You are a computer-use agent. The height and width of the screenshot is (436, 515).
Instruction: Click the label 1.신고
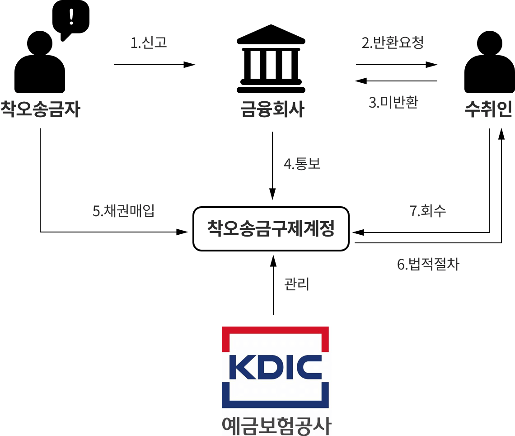[149, 43]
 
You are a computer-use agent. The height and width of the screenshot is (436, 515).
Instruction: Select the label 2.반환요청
[393, 43]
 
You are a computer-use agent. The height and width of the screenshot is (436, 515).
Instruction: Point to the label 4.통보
[302, 164]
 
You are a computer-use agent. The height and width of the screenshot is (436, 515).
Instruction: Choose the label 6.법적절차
[428, 264]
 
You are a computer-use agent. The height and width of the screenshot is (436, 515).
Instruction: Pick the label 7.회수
[428, 211]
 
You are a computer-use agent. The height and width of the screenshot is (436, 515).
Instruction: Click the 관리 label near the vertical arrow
[297, 284]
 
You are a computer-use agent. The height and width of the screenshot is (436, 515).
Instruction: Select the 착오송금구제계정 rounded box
[271, 229]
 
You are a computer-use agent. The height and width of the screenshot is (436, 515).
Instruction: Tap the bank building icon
[271, 59]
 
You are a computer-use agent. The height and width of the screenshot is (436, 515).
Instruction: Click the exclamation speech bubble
[71, 18]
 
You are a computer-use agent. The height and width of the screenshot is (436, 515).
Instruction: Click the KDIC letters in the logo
[275, 368]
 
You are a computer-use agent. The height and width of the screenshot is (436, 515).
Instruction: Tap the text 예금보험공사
[276, 425]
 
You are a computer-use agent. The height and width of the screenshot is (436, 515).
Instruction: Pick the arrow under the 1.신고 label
[154, 65]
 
